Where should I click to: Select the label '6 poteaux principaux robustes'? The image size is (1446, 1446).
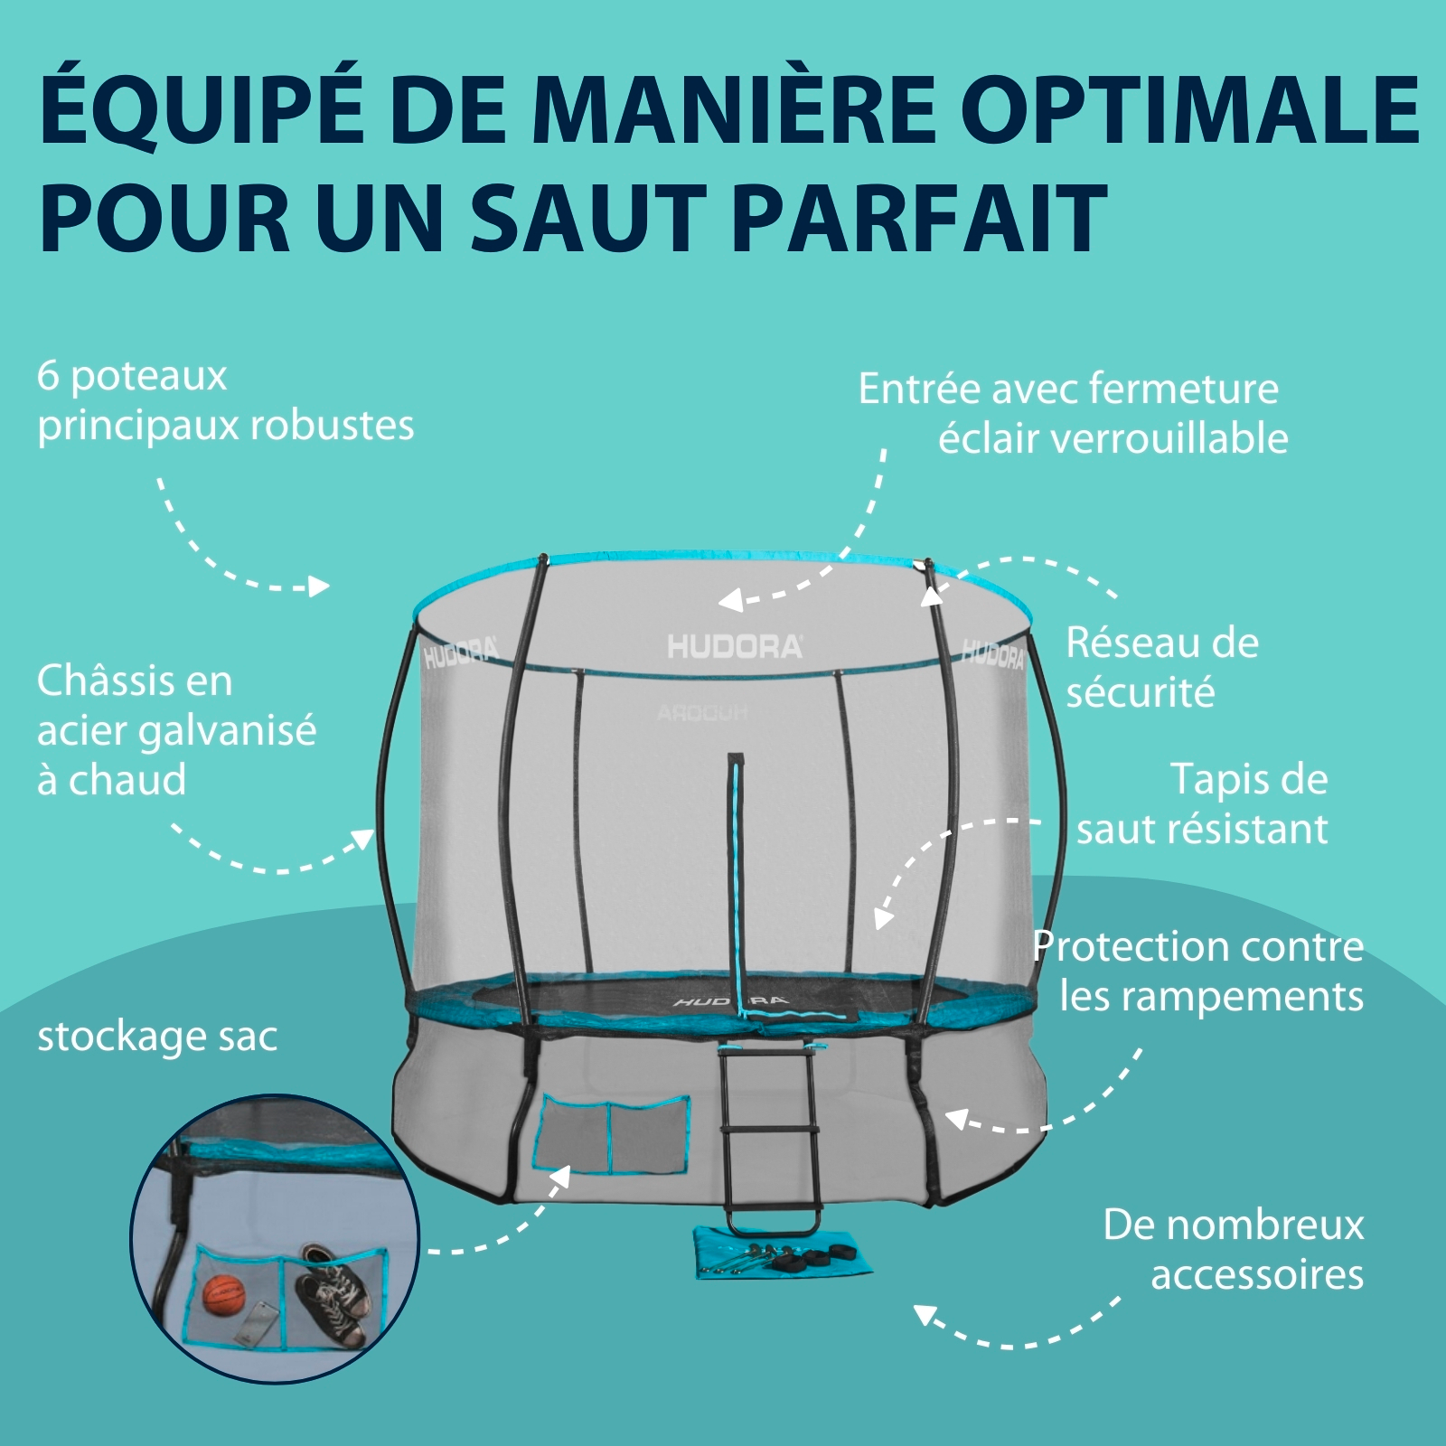pos(225,401)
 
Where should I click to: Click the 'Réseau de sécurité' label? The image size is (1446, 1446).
pos(1162,667)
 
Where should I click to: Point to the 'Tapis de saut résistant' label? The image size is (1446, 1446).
pos(1202,803)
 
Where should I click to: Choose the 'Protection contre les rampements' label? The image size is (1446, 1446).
pos(1198,971)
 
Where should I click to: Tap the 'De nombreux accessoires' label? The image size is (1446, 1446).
pos(1234,1249)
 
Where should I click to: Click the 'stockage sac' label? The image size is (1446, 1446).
pos(157,1038)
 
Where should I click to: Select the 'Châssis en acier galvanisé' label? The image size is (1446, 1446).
pos(176,730)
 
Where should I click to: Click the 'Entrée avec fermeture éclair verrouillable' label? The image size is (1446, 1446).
pos(1073,413)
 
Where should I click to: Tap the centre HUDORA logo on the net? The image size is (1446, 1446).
pos(734,646)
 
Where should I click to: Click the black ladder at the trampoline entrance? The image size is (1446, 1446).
pos(771,1141)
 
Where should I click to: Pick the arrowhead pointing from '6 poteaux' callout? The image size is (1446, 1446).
pos(318,587)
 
